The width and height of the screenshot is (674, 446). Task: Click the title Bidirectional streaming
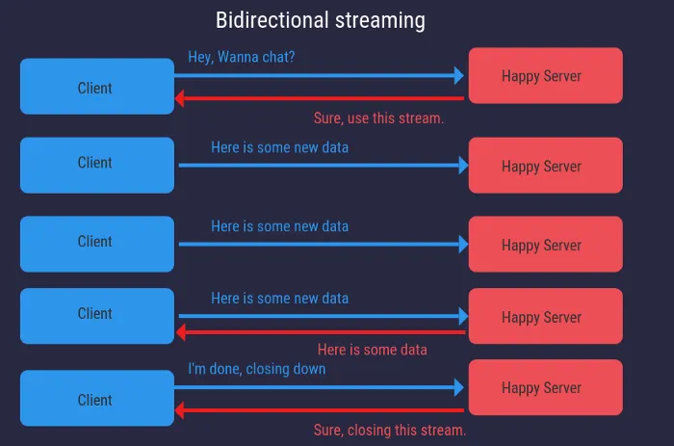click(x=320, y=20)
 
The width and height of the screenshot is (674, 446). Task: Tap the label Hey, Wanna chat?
click(x=242, y=58)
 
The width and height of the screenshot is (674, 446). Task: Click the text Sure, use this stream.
click(x=378, y=118)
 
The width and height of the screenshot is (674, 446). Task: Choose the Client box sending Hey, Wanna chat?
click(x=96, y=87)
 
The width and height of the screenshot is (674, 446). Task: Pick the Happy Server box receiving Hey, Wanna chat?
click(x=545, y=75)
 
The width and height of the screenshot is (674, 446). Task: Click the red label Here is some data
click(x=372, y=350)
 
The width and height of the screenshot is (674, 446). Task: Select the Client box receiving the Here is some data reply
click(x=96, y=315)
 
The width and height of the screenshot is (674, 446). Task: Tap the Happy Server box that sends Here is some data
click(x=545, y=316)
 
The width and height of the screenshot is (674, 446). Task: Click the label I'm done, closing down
click(x=257, y=369)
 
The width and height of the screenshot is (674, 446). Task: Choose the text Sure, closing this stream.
click(x=390, y=430)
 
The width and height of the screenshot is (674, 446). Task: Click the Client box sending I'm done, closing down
click(x=96, y=399)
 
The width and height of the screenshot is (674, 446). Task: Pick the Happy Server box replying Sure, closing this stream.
click(x=545, y=387)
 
